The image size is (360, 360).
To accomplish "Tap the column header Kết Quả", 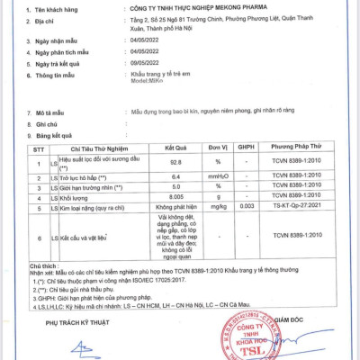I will (181, 144).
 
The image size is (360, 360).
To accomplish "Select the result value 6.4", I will (181, 177).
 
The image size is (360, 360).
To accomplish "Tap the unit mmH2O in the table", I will (219, 177).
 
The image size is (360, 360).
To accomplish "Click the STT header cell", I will (36, 144).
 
